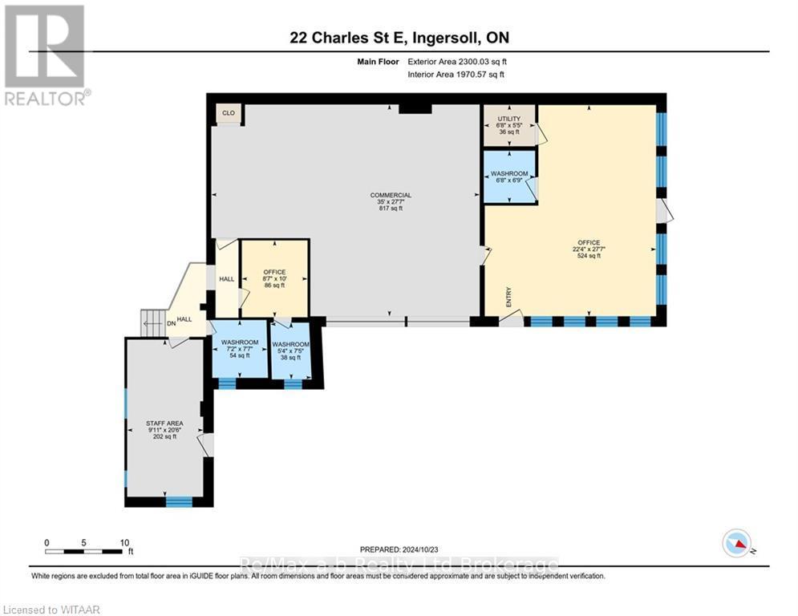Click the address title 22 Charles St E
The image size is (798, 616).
point(399,38)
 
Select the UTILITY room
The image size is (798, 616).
point(508,125)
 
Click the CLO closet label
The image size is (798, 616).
point(229,113)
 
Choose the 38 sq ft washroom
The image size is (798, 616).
point(290,350)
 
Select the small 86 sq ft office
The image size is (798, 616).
point(275,278)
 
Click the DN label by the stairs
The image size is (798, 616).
point(170,324)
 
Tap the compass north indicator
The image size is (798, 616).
point(736,544)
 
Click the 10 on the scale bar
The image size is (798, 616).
point(124,542)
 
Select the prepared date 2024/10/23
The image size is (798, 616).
point(399,549)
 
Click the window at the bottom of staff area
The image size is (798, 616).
point(179,502)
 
